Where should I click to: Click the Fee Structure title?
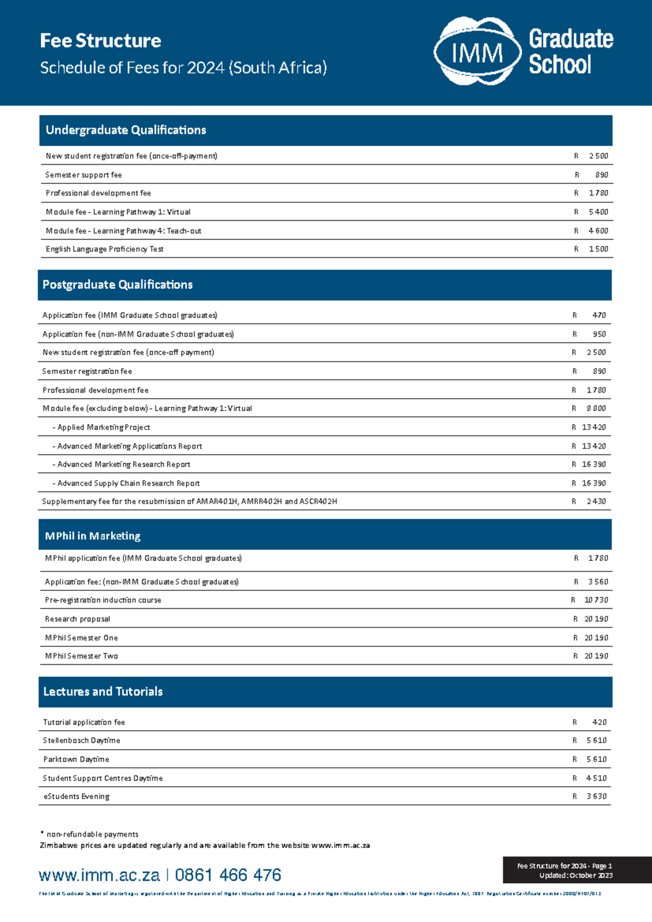(x=101, y=41)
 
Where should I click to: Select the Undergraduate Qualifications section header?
(x=126, y=130)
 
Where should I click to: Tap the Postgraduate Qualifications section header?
(x=117, y=285)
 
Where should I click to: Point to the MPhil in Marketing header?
(x=93, y=536)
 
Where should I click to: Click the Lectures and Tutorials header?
(x=103, y=691)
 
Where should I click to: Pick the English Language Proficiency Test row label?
(x=104, y=249)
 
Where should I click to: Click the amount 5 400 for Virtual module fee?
(x=598, y=212)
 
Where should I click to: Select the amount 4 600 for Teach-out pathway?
(x=598, y=231)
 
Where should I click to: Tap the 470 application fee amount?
(x=599, y=315)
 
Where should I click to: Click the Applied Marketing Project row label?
(x=102, y=427)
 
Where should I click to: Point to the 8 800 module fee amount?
(x=596, y=408)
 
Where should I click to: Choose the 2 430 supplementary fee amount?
(x=596, y=501)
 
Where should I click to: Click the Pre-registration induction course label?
(x=103, y=600)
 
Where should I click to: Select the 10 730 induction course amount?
(x=596, y=600)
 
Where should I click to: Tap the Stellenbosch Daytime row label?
(x=81, y=740)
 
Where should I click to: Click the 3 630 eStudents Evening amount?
(x=597, y=796)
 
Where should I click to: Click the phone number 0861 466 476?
(x=228, y=875)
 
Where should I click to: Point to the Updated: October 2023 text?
(x=576, y=875)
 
